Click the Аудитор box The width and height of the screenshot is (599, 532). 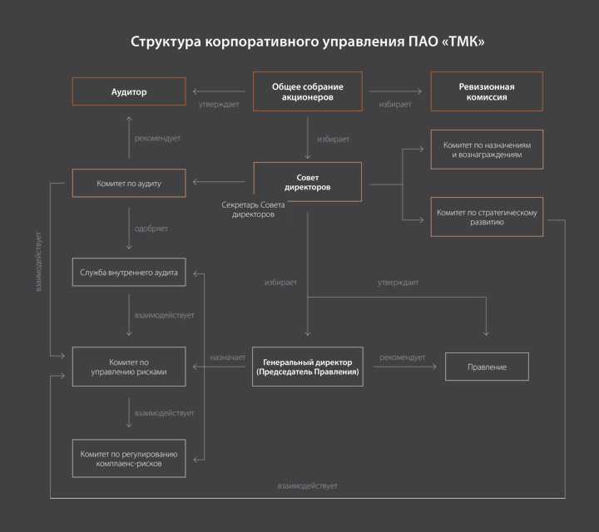coord(129,91)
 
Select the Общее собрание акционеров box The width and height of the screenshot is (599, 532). coord(308,91)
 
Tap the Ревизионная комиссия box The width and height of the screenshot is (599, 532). coord(487,91)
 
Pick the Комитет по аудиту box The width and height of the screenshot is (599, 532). coord(129,183)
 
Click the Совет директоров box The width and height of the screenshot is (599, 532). coord(308,182)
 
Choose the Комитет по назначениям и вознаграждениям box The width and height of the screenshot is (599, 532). coord(487,150)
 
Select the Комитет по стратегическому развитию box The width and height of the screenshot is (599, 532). coord(487,217)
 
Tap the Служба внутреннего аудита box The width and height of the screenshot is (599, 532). coord(129,273)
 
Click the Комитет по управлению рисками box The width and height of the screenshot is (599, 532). coord(129,367)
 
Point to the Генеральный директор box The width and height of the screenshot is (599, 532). coord(308,367)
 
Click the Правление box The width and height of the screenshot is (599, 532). coord(487,367)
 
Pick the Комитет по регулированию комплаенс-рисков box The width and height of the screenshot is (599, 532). coord(129,459)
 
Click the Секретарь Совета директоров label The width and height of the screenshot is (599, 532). coord(253,209)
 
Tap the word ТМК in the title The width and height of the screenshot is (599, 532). coord(463,42)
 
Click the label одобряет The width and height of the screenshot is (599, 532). coord(151,229)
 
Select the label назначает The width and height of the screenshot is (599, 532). coord(228,357)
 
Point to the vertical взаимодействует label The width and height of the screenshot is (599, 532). coord(38,262)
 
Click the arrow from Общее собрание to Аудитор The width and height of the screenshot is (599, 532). coord(219,91)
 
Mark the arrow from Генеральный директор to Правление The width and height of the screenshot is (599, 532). coord(405,367)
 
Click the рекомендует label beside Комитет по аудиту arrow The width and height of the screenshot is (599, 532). coord(157,138)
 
